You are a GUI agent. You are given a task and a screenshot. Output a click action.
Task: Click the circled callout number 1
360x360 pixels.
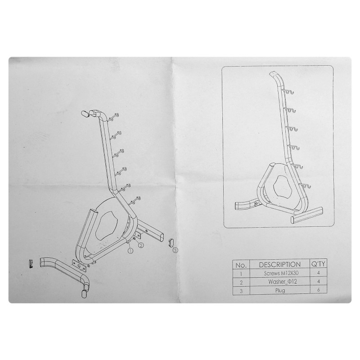pos(130,251)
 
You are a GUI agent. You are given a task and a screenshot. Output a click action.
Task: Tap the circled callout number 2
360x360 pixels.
pos(140,245)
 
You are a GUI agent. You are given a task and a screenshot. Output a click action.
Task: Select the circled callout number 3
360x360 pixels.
pos(175,250)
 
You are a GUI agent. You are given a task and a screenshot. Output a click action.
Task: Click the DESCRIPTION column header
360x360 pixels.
pos(279,265)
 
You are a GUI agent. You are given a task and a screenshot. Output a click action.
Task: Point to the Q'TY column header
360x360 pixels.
pos(318,264)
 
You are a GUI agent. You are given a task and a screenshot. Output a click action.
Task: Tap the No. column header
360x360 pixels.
pos(241,265)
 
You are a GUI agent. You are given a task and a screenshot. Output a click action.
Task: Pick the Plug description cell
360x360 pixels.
pos(280,290)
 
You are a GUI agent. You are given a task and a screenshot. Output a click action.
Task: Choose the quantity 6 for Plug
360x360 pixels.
pos(318,290)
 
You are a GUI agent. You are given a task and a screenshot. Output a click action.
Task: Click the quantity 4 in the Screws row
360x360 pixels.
pos(318,273)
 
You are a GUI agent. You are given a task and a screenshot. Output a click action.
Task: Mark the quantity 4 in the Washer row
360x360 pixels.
pos(318,281)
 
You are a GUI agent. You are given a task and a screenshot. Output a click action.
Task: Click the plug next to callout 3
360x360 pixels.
pos(171,242)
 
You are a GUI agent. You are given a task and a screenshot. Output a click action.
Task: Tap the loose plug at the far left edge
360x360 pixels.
pos(31,264)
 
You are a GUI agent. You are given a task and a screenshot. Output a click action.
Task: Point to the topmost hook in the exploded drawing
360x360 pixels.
pos(114,117)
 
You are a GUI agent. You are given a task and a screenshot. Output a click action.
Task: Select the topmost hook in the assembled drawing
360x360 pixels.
pos(289,92)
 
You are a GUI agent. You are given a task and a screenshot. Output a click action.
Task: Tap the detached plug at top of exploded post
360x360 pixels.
pos(85,114)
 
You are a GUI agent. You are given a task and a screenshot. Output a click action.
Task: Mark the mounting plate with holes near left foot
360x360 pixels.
pos(79,265)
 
